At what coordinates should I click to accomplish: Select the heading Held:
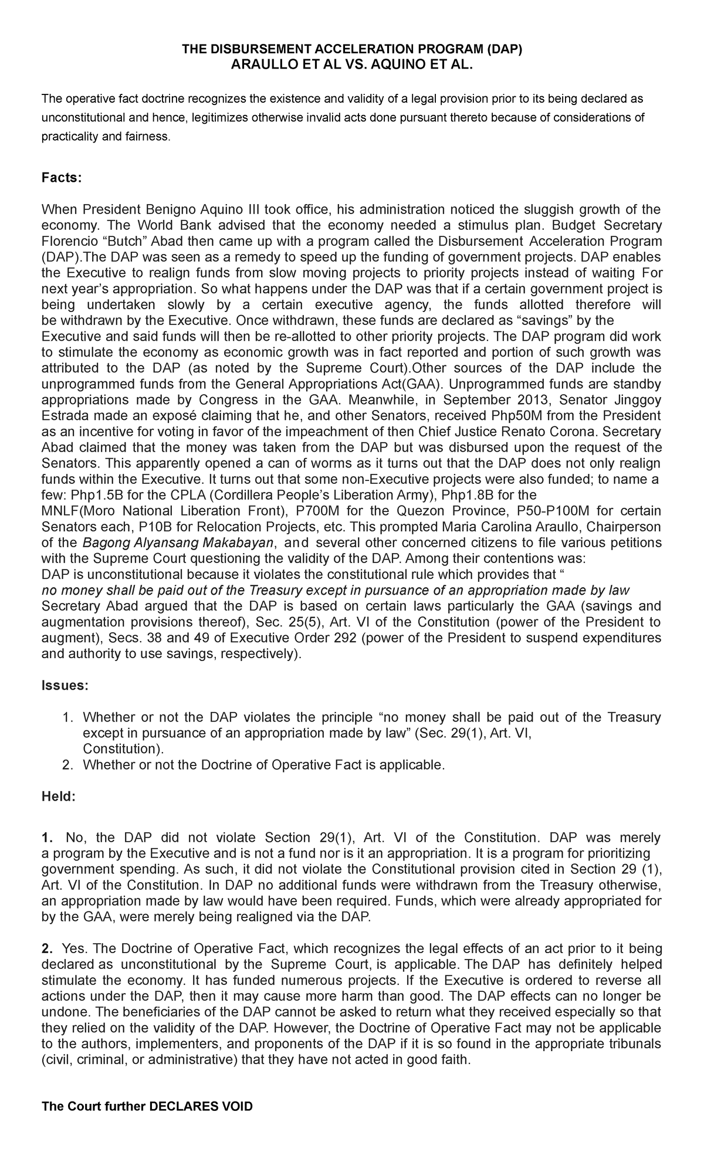point(58,797)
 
